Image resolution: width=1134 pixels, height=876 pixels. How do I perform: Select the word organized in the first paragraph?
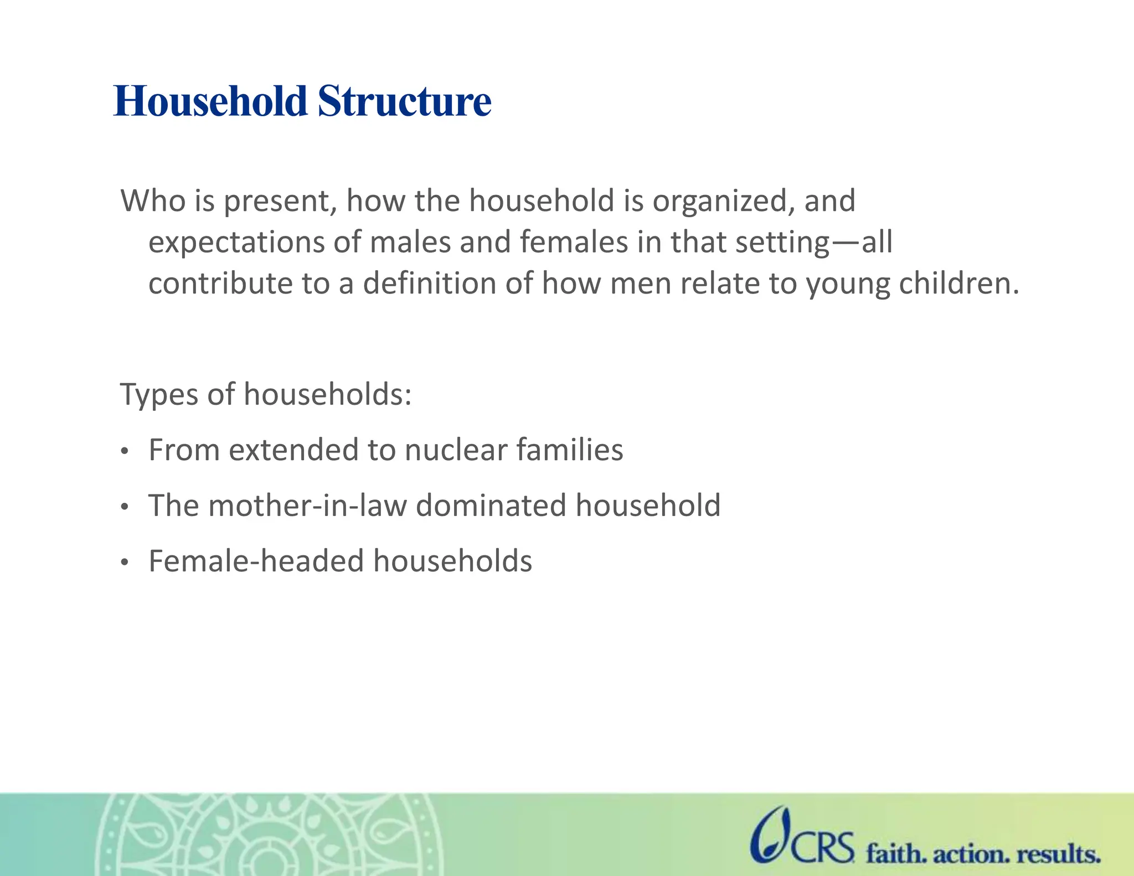tap(719, 202)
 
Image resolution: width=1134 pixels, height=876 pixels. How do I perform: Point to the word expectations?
tap(236, 243)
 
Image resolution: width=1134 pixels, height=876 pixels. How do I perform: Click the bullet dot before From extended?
tap(125, 452)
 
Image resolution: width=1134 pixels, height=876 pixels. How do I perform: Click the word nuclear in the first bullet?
tap(456, 450)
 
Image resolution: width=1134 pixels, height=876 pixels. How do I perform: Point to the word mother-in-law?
tap(307, 506)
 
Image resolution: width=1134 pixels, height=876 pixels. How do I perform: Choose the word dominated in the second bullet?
tap(491, 506)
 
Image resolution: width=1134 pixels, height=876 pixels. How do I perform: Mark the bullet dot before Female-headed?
tap(125, 563)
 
